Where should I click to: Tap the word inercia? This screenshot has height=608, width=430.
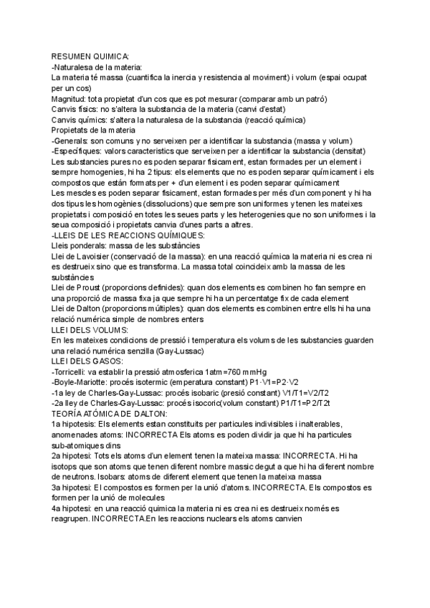click(x=191, y=76)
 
